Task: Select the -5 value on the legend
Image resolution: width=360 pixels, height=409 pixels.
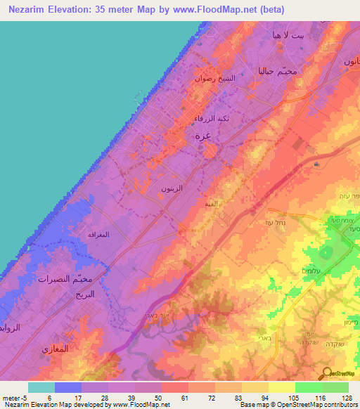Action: (x=16, y=397)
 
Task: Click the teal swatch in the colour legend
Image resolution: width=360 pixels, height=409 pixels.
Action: (x=41, y=387)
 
